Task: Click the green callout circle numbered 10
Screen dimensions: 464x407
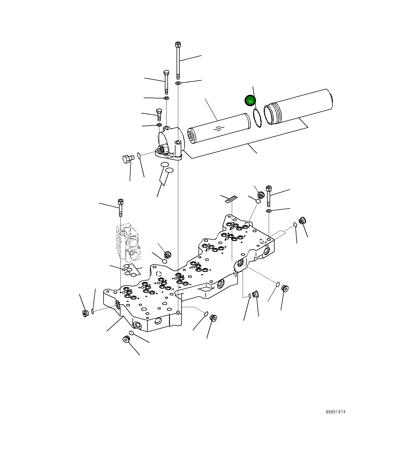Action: tap(250, 101)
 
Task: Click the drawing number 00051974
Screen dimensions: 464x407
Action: tap(335, 412)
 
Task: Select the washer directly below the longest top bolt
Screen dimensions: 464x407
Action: tap(178, 83)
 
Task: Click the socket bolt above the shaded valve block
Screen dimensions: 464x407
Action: tap(120, 207)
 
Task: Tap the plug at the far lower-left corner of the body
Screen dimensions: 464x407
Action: tap(86, 313)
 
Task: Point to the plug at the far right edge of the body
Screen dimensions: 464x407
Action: tap(302, 221)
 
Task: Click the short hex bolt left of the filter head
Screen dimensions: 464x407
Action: tap(159, 115)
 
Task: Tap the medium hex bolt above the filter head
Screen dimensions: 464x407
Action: tap(166, 82)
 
